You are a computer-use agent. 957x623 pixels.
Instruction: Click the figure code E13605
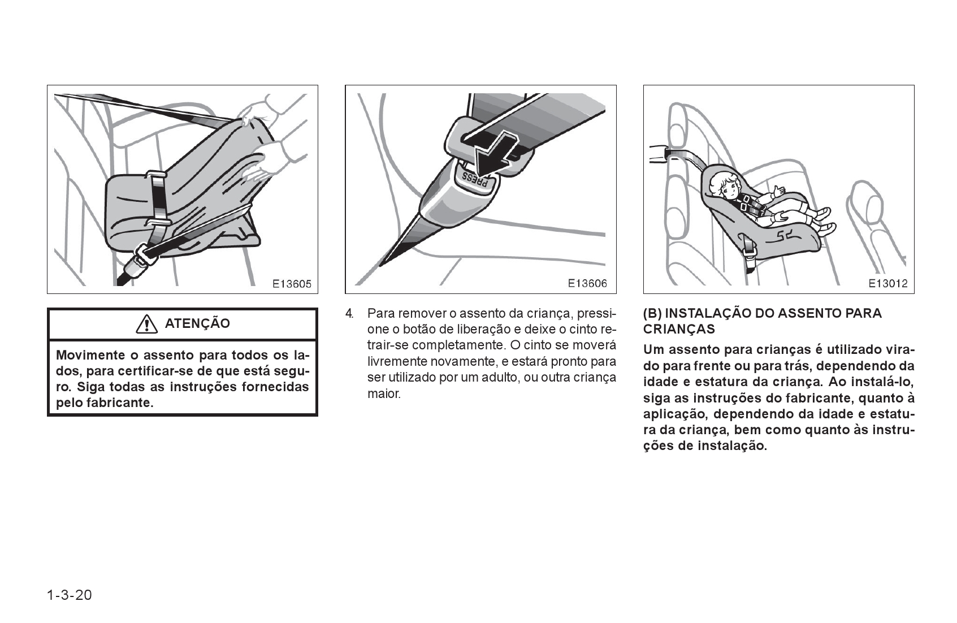tap(292, 284)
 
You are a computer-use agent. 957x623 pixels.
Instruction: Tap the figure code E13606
tap(587, 284)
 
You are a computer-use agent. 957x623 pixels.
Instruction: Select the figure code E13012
tap(888, 284)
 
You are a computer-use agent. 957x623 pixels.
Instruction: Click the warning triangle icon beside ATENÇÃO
tap(146, 324)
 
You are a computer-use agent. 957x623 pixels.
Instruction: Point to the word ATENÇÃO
tap(197, 324)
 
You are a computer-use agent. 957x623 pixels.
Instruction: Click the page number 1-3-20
tap(70, 595)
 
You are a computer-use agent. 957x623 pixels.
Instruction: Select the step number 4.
tap(349, 313)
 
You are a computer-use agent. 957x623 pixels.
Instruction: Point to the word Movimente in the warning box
tap(90, 356)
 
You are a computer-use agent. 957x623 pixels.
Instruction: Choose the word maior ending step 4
tap(384, 393)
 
